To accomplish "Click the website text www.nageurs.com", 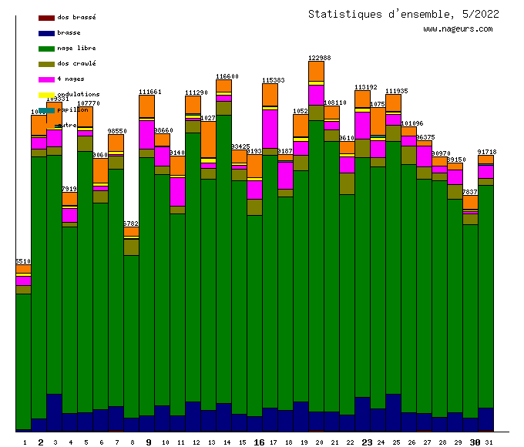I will pyautogui.click(x=457, y=29).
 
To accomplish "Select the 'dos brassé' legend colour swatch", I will pyautogui.click(x=46, y=17).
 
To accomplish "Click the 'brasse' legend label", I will pyautogui.click(x=69, y=33).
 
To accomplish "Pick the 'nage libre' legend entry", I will pyautogui.click(x=76, y=49).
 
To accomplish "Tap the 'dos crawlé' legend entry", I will pyautogui.click(x=76, y=64).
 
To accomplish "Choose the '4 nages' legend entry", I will pyautogui.click(x=71, y=79).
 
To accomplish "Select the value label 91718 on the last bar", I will pyautogui.click(x=487, y=153).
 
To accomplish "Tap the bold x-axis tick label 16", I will pyautogui.click(x=259, y=442).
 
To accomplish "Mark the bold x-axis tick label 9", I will pyautogui.click(x=149, y=442).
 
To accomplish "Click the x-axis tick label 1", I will pyautogui.click(x=25, y=442).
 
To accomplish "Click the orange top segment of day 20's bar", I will pyautogui.click(x=316, y=71).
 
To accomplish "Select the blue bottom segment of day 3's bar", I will pyautogui.click(x=54, y=412).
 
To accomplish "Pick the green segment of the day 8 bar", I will pyautogui.click(x=131, y=335).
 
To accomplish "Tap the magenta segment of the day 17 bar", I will pyautogui.click(x=270, y=129).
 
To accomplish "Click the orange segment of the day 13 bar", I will pyautogui.click(x=208, y=139).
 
